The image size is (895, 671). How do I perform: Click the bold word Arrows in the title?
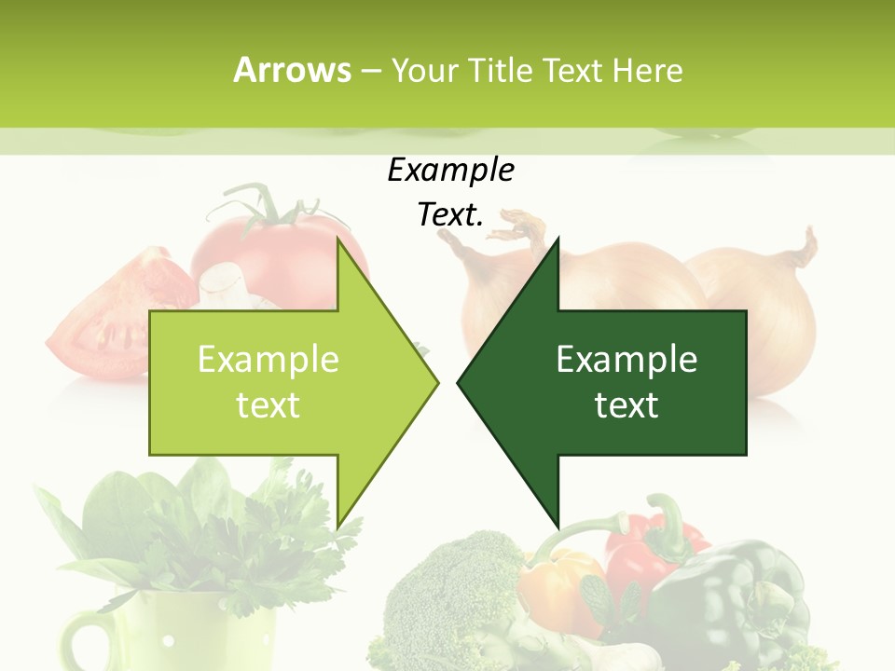pyautogui.click(x=292, y=70)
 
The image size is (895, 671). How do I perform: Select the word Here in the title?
pyautogui.click(x=647, y=71)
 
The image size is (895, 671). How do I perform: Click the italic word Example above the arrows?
pyautogui.click(x=450, y=171)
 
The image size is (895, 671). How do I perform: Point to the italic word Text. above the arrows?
pyautogui.click(x=450, y=214)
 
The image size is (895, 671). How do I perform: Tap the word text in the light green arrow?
pyautogui.click(x=268, y=405)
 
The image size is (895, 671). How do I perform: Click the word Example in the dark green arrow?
pyautogui.click(x=626, y=360)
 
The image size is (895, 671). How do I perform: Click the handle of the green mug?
pyautogui.click(x=84, y=643)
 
